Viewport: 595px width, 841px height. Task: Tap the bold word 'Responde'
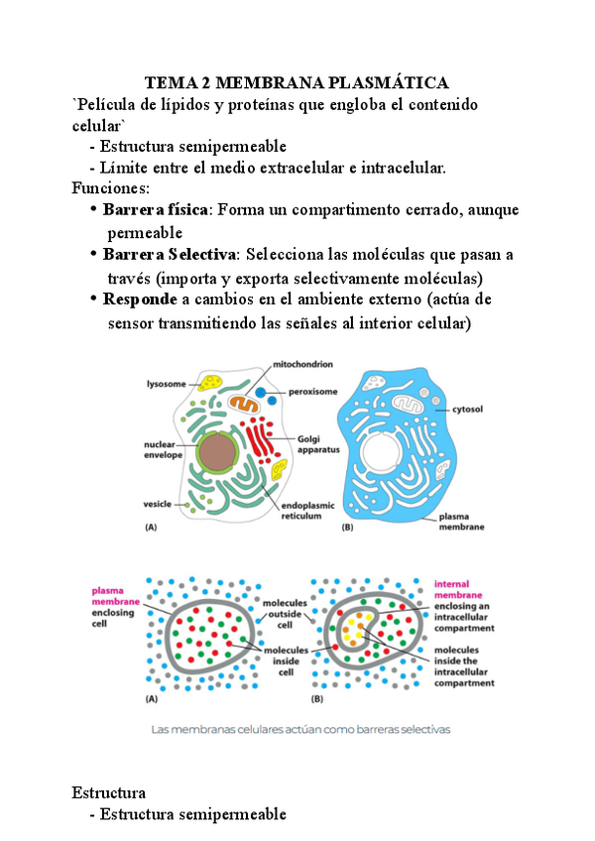pyautogui.click(x=141, y=300)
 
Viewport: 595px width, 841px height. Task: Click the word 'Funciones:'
pyautogui.click(x=111, y=187)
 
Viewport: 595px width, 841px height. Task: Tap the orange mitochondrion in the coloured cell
pyautogui.click(x=243, y=404)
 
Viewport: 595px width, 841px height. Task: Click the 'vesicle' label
pyautogui.click(x=159, y=505)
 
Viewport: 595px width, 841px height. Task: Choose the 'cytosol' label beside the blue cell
pyautogui.click(x=466, y=408)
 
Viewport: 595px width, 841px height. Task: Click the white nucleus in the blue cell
pyautogui.click(x=382, y=457)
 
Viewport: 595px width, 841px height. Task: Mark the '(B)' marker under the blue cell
pyautogui.click(x=348, y=528)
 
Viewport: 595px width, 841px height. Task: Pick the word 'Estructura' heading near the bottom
pyautogui.click(x=109, y=792)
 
